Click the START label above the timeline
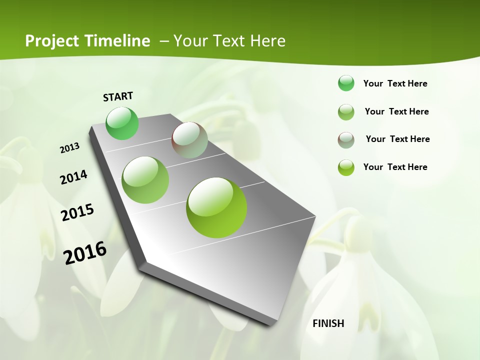click(118, 96)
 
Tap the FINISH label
click(328, 323)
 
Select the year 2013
click(69, 147)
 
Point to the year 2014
click(73, 177)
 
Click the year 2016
click(85, 253)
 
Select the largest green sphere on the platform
click(216, 207)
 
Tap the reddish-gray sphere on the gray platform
click(189, 140)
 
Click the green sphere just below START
click(122, 123)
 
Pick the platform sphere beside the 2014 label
click(145, 179)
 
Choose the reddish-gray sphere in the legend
click(346, 139)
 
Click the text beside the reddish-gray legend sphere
click(397, 139)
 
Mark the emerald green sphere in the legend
click(346, 83)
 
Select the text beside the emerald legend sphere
click(395, 83)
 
